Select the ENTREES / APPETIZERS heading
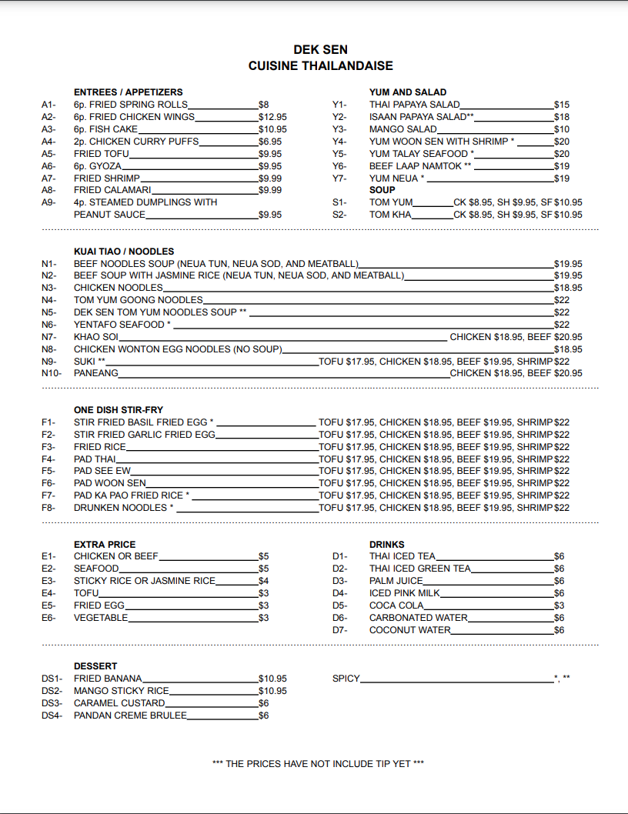point(128,92)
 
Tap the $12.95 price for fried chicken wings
point(272,117)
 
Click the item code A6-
point(48,166)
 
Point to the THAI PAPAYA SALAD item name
point(414,105)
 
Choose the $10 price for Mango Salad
point(561,129)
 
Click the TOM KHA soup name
point(390,215)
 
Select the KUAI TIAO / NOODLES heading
point(124,252)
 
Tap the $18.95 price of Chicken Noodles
point(568,288)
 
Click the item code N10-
point(51,373)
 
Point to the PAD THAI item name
point(95,459)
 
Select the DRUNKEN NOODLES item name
point(120,508)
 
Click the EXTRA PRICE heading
point(105,545)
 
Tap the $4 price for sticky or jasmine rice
point(263,581)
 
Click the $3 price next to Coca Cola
point(559,605)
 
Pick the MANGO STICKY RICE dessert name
point(121,691)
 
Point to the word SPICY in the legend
point(346,679)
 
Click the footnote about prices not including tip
point(318,764)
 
